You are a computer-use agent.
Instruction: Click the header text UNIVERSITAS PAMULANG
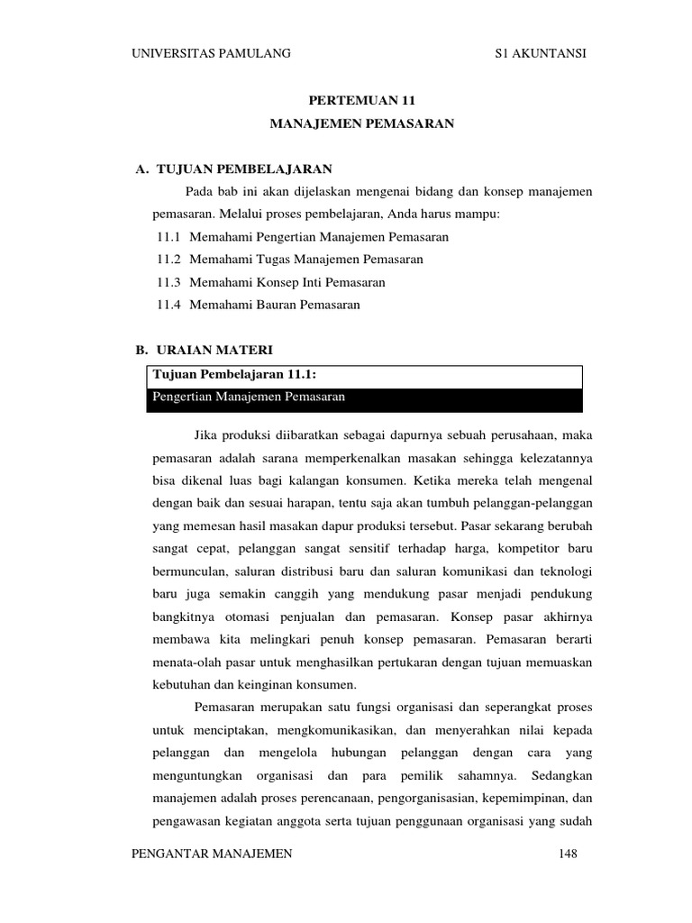pos(211,54)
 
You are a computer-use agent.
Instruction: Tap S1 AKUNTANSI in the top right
pos(541,54)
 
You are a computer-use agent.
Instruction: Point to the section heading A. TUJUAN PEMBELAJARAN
pos(234,169)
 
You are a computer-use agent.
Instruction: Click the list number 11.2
pos(168,260)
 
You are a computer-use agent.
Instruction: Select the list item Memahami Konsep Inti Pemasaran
pos(287,282)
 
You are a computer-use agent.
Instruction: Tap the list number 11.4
pos(168,305)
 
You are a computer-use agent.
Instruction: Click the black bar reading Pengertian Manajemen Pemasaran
pos(364,398)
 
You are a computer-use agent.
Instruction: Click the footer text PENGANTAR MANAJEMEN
pos(212,854)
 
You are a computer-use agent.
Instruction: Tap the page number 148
pos(568,854)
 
